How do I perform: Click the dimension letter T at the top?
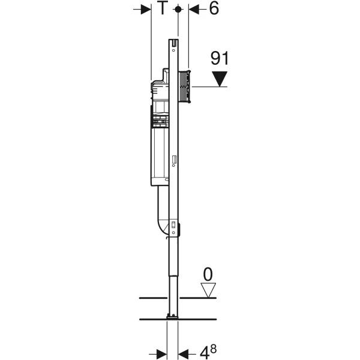click(162, 8)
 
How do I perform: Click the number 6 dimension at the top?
click(214, 8)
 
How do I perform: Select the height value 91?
click(220, 58)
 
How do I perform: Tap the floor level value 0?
click(208, 274)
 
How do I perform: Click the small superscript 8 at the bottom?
click(213, 349)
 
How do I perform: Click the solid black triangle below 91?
click(220, 79)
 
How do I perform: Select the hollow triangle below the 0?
click(208, 290)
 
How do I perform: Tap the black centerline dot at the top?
click(178, 10)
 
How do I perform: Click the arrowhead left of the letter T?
click(146, 10)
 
